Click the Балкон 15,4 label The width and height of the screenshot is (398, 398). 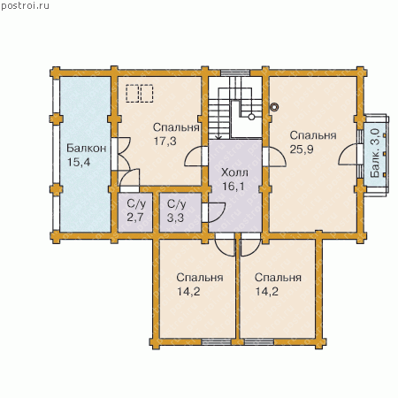86,155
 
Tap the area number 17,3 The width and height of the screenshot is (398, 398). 165,142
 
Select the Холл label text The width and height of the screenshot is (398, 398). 234,172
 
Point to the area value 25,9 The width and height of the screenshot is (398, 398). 302,149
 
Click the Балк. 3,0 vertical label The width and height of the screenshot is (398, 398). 375,153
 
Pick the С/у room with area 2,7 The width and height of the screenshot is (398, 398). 135,211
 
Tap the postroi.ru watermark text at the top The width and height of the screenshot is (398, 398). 25,6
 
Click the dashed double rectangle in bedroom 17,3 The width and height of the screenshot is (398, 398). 140,94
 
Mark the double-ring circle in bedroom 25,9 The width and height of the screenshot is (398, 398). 274,107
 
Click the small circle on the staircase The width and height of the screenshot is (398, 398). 251,117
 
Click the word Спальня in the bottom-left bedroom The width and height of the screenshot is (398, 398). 200,278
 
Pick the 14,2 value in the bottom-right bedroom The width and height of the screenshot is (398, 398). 266,292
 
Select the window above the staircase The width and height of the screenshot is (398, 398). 235,73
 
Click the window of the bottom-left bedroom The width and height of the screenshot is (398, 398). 217,342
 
